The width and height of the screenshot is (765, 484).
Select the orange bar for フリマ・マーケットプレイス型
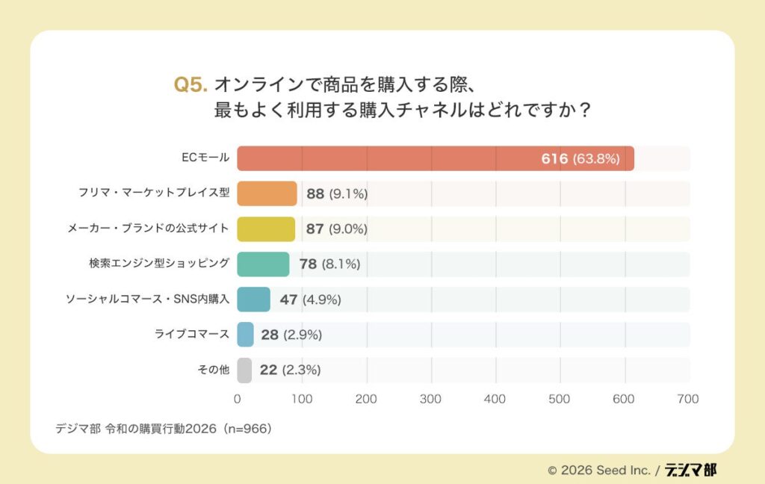[x=267, y=194]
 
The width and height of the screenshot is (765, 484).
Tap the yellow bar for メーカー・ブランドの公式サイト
[x=266, y=229]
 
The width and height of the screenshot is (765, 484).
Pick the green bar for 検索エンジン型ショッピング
[x=263, y=264]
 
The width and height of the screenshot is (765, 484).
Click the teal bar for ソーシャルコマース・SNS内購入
[x=254, y=299]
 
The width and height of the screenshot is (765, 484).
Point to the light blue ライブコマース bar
[x=246, y=334]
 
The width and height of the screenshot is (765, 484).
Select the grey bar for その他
[x=244, y=369]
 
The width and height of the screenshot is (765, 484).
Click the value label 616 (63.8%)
[x=580, y=158]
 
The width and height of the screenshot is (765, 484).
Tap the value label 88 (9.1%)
[x=336, y=194]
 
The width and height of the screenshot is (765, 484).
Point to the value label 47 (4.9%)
[x=310, y=300]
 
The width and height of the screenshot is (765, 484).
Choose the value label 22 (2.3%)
[x=291, y=370]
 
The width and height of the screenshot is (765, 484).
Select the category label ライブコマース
[x=192, y=334]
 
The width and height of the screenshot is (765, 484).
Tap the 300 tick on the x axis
[x=431, y=399]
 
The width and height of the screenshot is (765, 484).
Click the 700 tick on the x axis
[x=687, y=399]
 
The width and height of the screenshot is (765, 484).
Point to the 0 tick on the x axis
[x=238, y=399]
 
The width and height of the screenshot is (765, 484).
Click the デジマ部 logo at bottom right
[x=690, y=470]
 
